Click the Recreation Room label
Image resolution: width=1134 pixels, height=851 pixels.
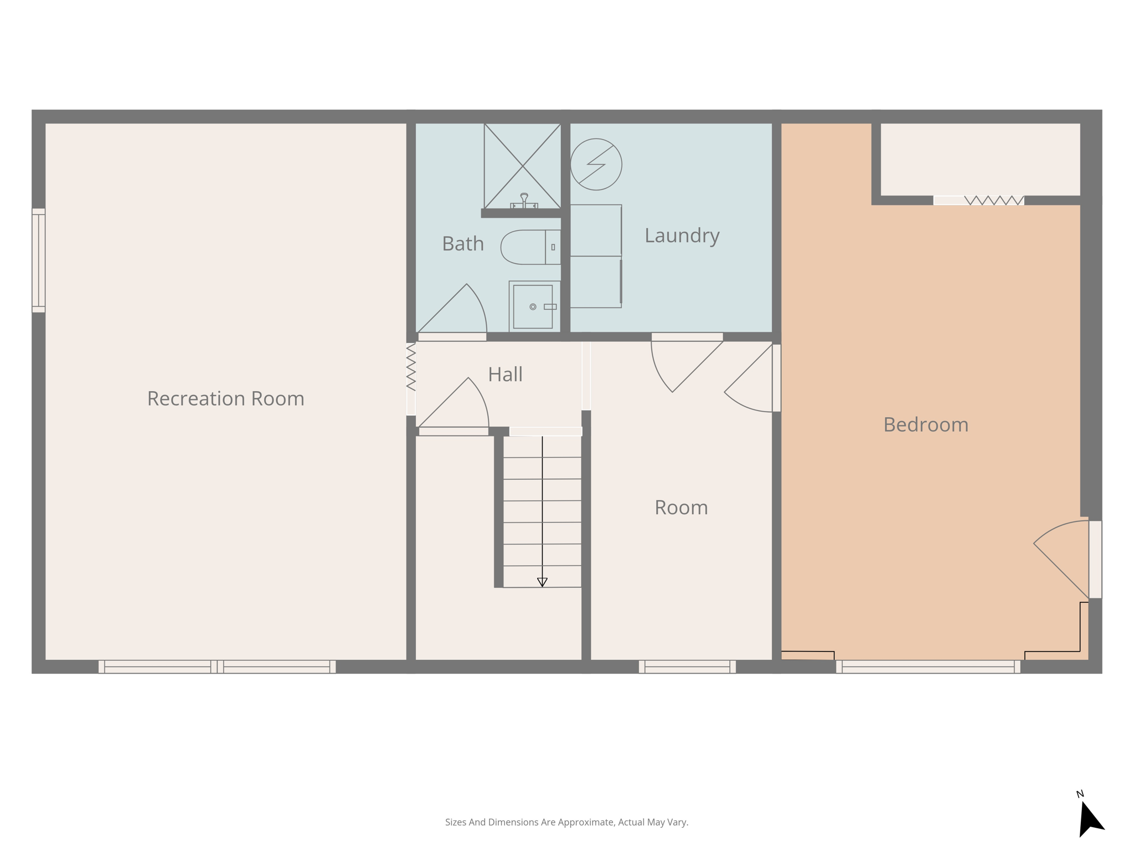[x=225, y=398]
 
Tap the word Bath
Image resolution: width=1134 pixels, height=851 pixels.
[x=463, y=244]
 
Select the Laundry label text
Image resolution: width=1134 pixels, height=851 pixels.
[x=682, y=235]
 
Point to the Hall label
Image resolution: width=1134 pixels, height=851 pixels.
[x=505, y=375]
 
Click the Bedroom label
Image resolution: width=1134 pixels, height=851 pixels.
[x=925, y=425]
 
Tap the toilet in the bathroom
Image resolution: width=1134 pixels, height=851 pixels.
[x=529, y=247]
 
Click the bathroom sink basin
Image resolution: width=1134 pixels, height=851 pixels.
[x=533, y=306]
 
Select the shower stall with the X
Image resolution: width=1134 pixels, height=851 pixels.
[x=522, y=166]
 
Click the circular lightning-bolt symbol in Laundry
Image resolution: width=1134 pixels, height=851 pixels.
[x=596, y=164]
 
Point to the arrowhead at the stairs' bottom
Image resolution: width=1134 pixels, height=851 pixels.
[x=542, y=582]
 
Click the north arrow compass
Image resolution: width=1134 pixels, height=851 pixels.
[x=1090, y=818]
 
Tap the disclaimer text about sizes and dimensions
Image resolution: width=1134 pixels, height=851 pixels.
[x=566, y=822]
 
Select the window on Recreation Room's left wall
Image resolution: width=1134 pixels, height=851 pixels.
[x=38, y=260]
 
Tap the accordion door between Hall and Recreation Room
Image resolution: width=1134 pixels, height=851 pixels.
[x=411, y=367]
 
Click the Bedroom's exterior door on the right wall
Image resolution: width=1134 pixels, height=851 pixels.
[x=1095, y=559]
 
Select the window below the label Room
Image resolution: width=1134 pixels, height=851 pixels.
[x=687, y=667]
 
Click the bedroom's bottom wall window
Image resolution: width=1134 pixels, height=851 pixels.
[x=927, y=667]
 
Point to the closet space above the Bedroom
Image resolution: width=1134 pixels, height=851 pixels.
[x=980, y=159]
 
